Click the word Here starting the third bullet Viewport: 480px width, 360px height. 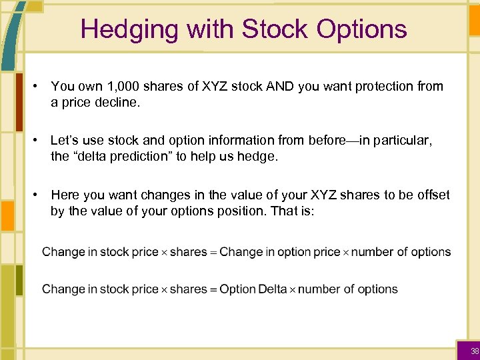click(x=64, y=195)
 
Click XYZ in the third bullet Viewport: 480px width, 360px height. click(x=299, y=195)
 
